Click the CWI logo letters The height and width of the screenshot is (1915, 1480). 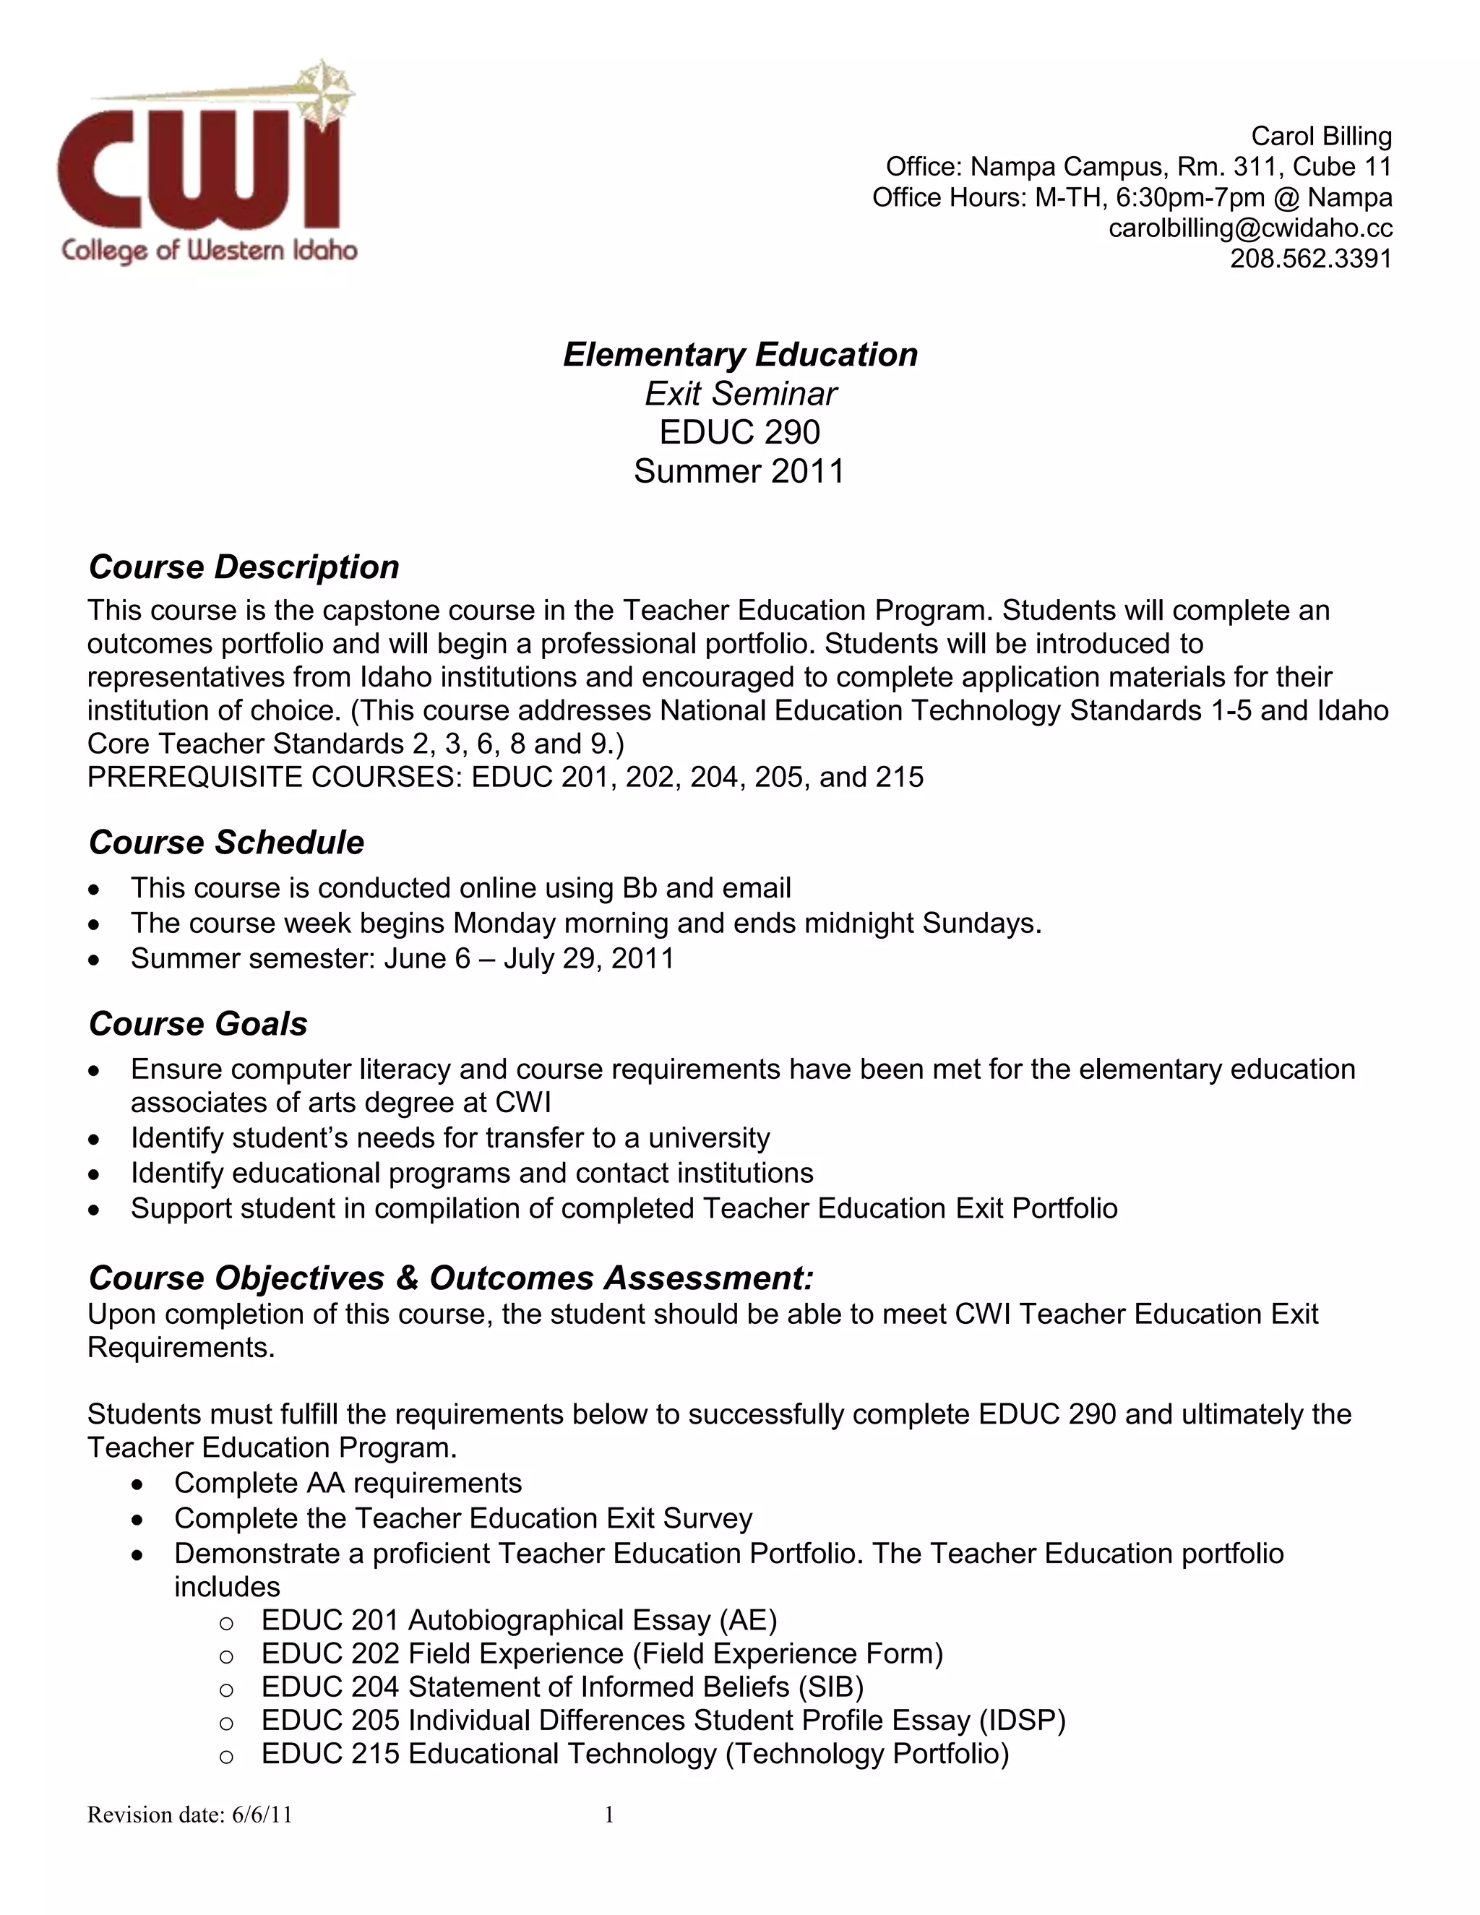click(198, 171)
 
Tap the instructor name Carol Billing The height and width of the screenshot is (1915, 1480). click(1320, 136)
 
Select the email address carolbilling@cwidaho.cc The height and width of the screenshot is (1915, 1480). click(1249, 228)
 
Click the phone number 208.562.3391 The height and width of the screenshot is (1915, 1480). click(1310, 259)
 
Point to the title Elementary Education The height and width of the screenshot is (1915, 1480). click(740, 354)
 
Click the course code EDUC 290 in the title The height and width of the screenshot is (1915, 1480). click(739, 432)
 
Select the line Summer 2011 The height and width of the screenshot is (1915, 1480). click(739, 472)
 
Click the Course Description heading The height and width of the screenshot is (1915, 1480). click(244, 567)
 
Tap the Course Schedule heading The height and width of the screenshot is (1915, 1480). click(226, 843)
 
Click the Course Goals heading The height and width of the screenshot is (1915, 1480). click(198, 1024)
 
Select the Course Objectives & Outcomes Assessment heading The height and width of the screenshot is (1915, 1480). click(451, 1278)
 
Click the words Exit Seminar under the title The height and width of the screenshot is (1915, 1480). click(740, 394)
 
